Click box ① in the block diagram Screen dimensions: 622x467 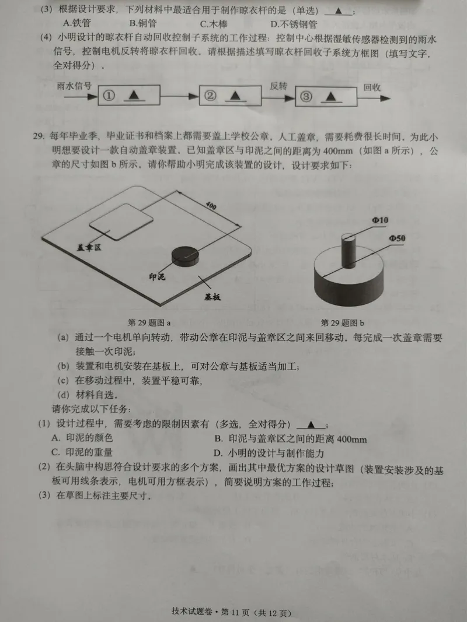click(x=128, y=95)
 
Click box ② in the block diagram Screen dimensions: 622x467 click(x=227, y=95)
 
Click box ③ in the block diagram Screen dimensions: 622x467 click(x=325, y=96)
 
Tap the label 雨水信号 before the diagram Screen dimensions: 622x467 click(x=75, y=85)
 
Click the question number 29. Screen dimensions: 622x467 click(x=39, y=137)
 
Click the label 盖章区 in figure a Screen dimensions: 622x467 click(x=89, y=248)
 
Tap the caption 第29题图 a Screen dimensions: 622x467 click(x=149, y=322)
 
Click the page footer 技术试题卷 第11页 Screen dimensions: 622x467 click(x=231, y=612)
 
